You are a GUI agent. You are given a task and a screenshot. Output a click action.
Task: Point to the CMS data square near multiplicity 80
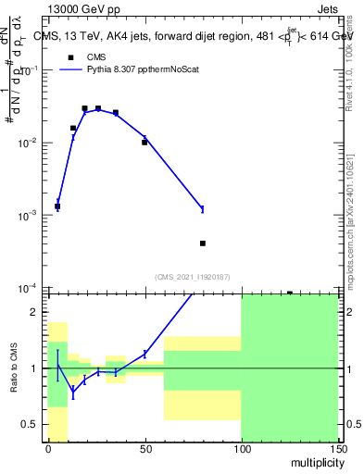pos(202,243)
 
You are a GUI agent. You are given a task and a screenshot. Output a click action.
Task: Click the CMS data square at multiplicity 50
pos(144,143)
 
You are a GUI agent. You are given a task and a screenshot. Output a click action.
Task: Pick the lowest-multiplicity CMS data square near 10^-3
pos(57,206)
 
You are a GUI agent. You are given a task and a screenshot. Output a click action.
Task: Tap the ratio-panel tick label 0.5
pos(32,425)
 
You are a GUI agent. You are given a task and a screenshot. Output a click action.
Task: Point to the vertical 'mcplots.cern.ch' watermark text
pos(349,236)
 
